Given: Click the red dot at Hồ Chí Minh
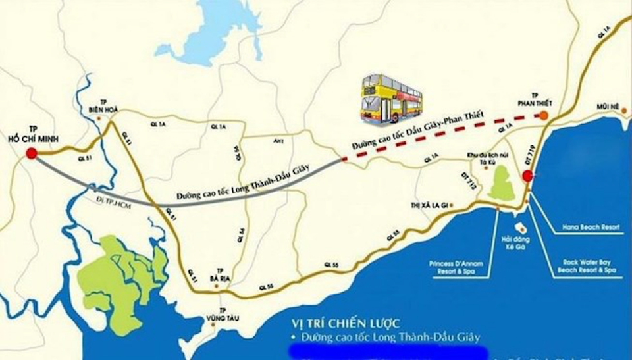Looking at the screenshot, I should [x=30, y=154].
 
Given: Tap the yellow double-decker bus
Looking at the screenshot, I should [x=391, y=99].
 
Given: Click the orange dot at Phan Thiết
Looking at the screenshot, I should [x=544, y=116].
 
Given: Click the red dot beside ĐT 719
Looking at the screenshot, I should [x=527, y=176].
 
